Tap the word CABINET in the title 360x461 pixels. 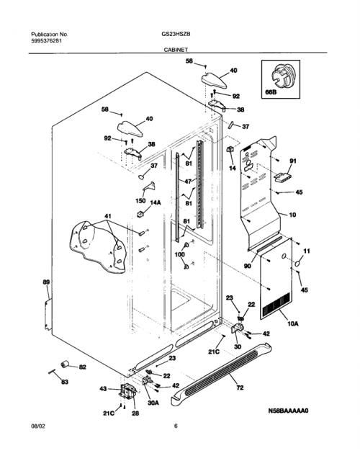[x=176, y=50]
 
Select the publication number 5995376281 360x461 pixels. [x=46, y=41]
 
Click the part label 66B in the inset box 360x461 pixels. [x=271, y=92]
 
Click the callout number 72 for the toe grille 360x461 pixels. [x=240, y=388]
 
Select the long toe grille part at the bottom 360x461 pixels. [x=222, y=374]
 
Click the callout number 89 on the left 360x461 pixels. [x=46, y=282]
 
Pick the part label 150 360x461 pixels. [x=140, y=200]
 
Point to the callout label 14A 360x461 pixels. [x=156, y=202]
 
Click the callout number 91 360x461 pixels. [x=293, y=161]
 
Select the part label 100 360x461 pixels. [x=180, y=254]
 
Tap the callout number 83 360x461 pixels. [x=65, y=382]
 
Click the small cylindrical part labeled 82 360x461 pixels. [x=65, y=364]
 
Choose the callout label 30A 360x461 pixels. [x=153, y=403]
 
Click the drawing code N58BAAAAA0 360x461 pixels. [x=288, y=411]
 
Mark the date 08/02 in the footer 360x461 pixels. [x=38, y=426]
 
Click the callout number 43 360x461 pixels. [x=103, y=389]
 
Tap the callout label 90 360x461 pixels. [x=248, y=266]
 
